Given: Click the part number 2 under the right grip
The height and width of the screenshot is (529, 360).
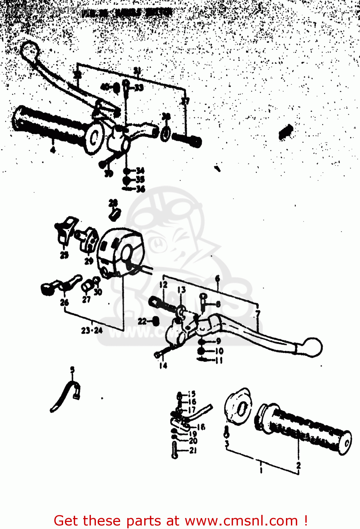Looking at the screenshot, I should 298,466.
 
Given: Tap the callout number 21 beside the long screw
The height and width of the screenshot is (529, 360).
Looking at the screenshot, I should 193,450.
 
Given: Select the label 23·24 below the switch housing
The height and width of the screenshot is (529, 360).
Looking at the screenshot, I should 92,330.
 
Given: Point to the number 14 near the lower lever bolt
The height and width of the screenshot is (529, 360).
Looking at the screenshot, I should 163,366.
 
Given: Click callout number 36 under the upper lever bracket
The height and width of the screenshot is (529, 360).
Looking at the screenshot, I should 141,189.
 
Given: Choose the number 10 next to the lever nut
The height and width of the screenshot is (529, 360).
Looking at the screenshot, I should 219,351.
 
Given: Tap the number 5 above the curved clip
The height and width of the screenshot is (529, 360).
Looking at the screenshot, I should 72,370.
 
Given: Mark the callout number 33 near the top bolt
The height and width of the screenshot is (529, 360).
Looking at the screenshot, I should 139,87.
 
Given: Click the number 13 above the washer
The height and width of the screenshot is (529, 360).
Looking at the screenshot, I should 181,290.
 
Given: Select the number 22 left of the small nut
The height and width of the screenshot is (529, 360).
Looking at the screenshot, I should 142,321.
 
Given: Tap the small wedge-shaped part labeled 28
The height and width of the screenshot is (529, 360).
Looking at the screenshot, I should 115,214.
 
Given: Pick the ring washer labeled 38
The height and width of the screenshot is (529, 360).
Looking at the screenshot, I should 165,134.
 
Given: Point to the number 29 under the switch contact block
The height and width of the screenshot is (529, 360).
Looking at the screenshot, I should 89,261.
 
